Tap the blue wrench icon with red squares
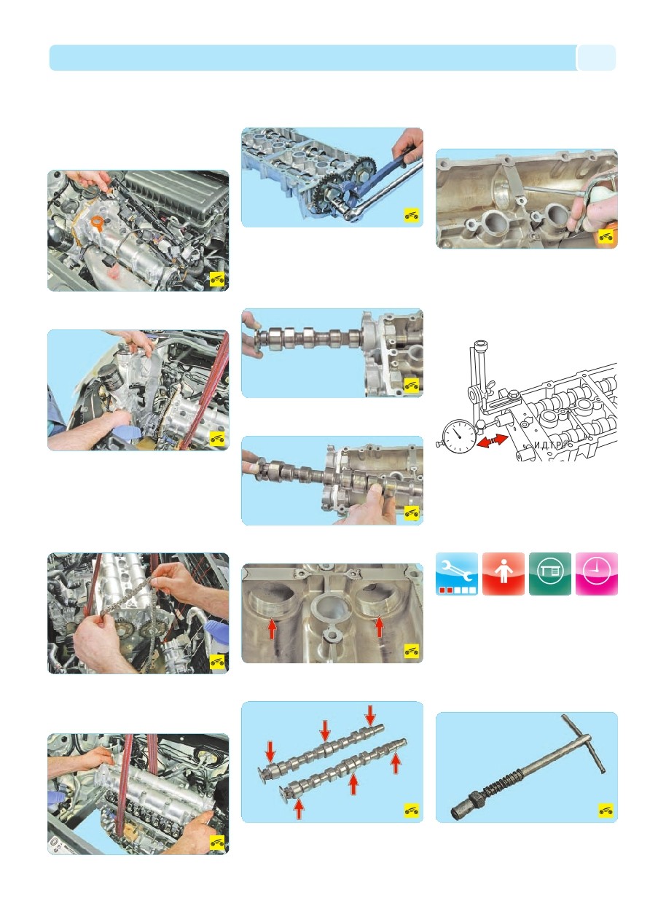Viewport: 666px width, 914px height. coord(457,574)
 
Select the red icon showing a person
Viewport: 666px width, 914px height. coord(504,574)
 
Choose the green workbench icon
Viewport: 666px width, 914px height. coord(549,574)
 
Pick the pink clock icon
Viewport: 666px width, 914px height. coord(596,574)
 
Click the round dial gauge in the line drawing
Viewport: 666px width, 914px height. coord(458,436)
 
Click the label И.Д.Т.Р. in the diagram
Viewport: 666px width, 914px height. coord(548,445)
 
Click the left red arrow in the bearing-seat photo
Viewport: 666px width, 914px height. coord(272,629)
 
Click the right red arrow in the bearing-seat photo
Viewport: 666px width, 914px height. coord(380,627)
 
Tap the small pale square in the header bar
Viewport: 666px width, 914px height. coord(597,58)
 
